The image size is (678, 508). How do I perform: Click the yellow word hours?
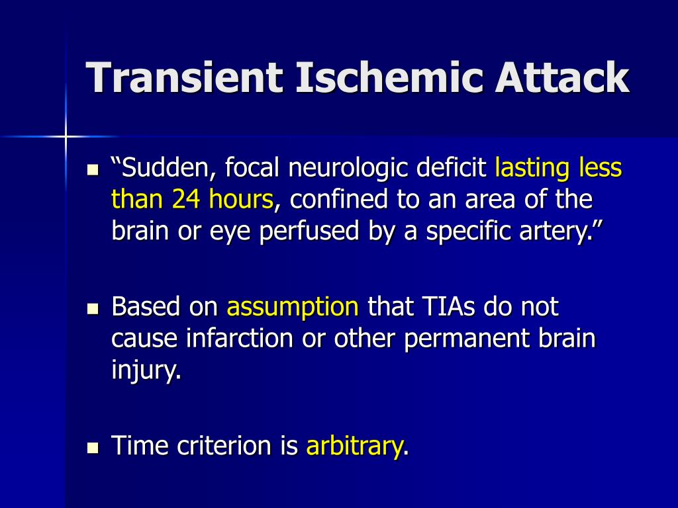click(241, 199)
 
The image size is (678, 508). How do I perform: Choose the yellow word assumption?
click(293, 307)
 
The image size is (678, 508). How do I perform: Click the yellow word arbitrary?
click(354, 446)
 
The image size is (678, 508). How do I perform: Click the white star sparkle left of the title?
click(66, 136)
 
